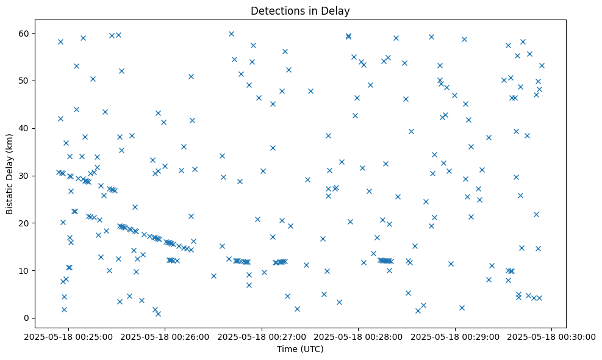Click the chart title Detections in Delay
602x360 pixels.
(x=300, y=10)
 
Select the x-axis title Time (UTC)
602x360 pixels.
(x=300, y=350)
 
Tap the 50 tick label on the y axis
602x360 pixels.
(x=26, y=81)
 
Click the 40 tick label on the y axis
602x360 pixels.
(x=26, y=128)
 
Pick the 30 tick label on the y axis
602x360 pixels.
(x=26, y=176)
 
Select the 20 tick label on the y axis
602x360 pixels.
(x=26, y=223)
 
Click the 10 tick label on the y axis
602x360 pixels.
(x=26, y=270)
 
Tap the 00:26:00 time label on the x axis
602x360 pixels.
(x=164, y=336)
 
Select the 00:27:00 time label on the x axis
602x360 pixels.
(x=261, y=336)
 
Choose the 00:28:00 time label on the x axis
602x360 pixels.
(x=358, y=336)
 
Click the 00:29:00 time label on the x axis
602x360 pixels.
(x=455, y=336)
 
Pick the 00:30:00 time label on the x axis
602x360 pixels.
(x=552, y=336)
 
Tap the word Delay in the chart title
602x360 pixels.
(x=337, y=10)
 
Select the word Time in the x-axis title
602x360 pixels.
(x=286, y=350)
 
